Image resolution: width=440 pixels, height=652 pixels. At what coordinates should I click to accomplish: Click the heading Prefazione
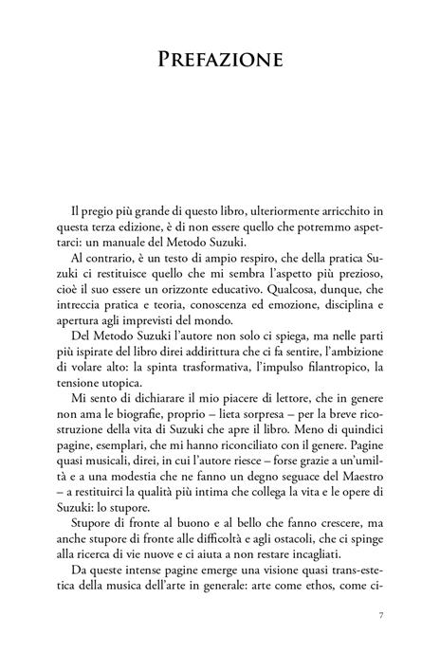(x=220, y=62)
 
